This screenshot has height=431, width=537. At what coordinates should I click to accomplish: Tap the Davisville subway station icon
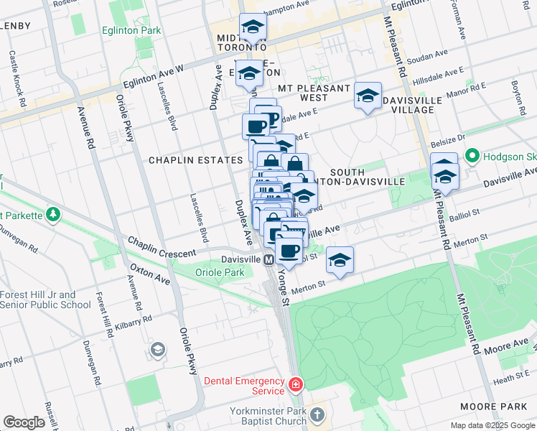coord(269,259)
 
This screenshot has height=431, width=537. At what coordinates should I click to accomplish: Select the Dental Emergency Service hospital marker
coord(295,386)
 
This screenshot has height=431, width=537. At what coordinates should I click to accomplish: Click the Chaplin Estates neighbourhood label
coord(195,160)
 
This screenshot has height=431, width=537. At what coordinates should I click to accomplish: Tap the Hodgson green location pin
coord(472,155)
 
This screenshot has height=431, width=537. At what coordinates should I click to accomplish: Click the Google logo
coord(24,422)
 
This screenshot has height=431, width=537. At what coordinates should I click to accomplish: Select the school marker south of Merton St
coord(340,260)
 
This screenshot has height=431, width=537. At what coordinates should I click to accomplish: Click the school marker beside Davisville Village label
coord(368,96)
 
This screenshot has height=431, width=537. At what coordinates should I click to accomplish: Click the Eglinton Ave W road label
coord(153,75)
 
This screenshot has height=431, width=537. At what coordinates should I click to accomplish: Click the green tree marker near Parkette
coord(53,214)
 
